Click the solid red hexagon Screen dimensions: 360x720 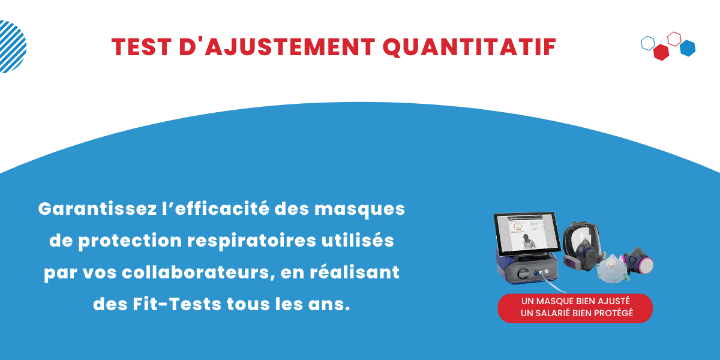click(x=661, y=53)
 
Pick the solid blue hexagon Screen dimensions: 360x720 click(x=688, y=48)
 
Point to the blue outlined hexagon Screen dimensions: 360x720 click(x=647, y=43)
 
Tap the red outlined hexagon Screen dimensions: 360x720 click(x=674, y=38)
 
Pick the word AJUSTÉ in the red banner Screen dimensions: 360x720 click(x=613, y=301)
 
